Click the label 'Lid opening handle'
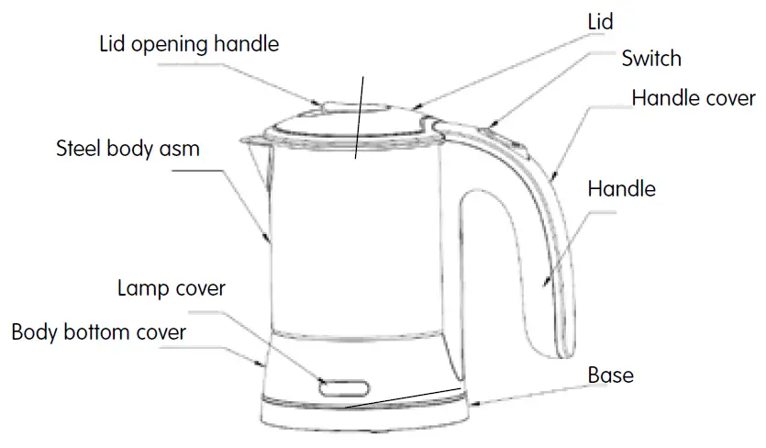click(188, 43)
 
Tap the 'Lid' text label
click(599, 21)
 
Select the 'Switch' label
click(651, 59)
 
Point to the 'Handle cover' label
click(694, 97)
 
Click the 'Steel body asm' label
click(128, 148)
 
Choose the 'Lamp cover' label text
click(172, 288)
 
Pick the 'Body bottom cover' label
click(98, 331)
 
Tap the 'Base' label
click(610, 375)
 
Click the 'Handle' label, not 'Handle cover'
click(621, 189)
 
